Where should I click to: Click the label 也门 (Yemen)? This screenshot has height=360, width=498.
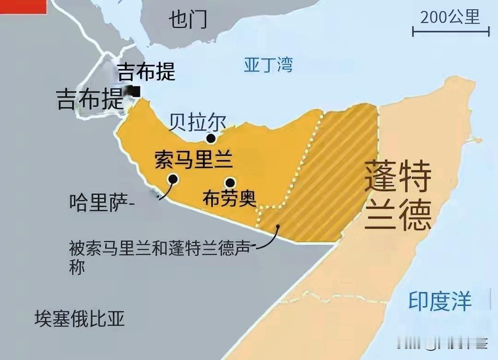(188, 20)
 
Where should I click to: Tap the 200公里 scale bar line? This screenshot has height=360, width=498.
(451, 32)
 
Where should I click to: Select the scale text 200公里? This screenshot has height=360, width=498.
(450, 17)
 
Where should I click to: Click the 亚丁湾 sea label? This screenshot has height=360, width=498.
(268, 65)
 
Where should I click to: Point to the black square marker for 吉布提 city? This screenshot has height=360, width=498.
(135, 91)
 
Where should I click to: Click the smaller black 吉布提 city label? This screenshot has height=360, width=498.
(146, 72)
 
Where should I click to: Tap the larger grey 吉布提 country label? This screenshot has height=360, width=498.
(89, 99)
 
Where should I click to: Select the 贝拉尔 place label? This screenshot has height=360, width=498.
(197, 122)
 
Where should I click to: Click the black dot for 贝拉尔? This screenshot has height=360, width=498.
(211, 138)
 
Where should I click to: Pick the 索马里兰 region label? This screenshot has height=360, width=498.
(193, 160)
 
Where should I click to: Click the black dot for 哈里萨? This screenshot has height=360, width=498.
(173, 179)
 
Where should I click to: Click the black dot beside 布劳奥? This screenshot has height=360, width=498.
(230, 182)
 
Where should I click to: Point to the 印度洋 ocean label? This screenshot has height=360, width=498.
(440, 301)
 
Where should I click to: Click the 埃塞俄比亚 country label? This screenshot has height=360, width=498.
(79, 318)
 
